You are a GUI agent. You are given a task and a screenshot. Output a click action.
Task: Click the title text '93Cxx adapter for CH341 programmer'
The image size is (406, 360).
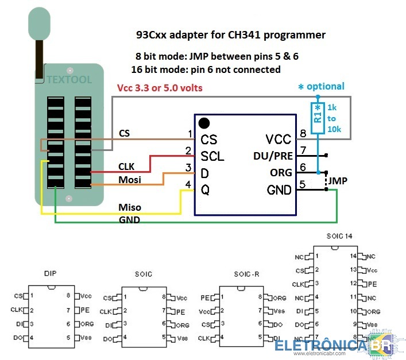pos(231,35)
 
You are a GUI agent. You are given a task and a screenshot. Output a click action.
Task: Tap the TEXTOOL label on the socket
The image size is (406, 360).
pos(69,80)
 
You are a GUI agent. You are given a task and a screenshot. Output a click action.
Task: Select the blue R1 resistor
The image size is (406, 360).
pos(317,118)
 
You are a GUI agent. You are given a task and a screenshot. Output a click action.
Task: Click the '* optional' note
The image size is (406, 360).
pos(321,87)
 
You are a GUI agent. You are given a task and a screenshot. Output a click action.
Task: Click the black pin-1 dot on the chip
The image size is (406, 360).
pos(203,123)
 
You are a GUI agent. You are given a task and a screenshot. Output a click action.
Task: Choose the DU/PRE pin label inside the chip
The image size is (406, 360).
pos(273,156)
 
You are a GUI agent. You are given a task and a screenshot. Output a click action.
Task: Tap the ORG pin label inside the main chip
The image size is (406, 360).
pos(281,172)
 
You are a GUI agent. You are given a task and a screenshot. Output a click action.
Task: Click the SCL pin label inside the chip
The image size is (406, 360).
pos(212,156)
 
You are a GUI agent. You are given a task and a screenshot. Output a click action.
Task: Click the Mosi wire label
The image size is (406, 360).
pos(130,180)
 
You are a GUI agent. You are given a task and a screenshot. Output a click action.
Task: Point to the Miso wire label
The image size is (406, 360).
pos(130,207)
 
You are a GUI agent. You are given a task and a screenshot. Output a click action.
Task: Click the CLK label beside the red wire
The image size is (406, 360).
pos(127,167)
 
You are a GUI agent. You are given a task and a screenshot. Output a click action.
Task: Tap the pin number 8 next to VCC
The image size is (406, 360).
pos(303,134)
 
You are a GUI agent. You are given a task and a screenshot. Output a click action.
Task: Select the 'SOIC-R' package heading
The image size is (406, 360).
pos(248,274)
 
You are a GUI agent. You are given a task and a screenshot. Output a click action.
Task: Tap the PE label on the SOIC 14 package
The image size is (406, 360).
pos(373,284)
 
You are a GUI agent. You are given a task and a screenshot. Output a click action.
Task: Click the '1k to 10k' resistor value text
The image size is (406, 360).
pos(335,118)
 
